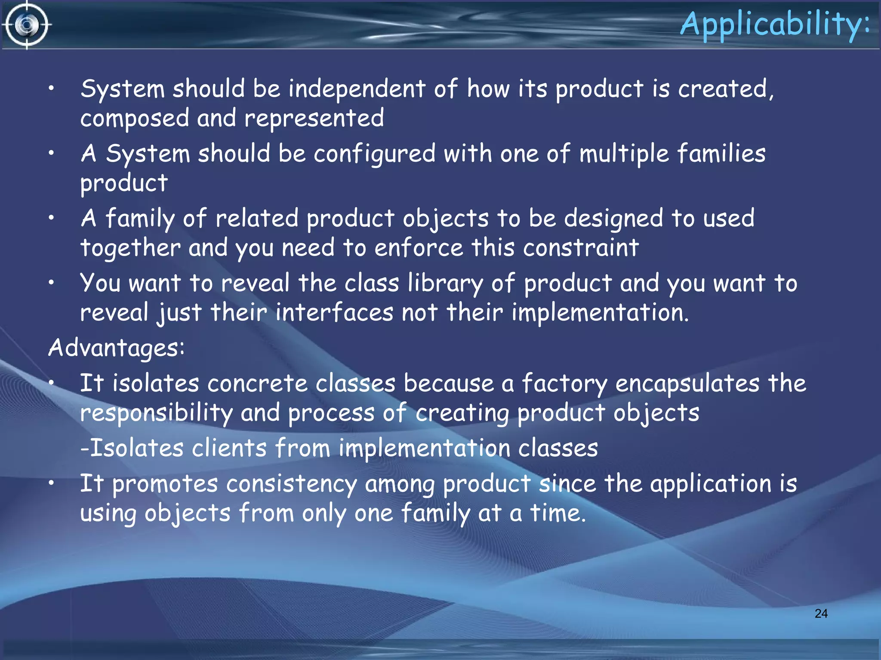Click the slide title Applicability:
click(x=774, y=24)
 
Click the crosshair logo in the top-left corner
click(x=27, y=25)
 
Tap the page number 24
click(x=821, y=613)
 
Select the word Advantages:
click(x=116, y=348)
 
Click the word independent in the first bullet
click(x=357, y=89)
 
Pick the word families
click(x=721, y=153)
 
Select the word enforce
click(x=419, y=248)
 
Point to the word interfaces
click(x=334, y=312)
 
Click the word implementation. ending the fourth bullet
click(x=600, y=312)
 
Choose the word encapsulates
click(x=687, y=383)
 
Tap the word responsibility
click(x=156, y=413)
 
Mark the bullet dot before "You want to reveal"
click(x=51, y=283)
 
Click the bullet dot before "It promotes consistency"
click(x=51, y=483)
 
